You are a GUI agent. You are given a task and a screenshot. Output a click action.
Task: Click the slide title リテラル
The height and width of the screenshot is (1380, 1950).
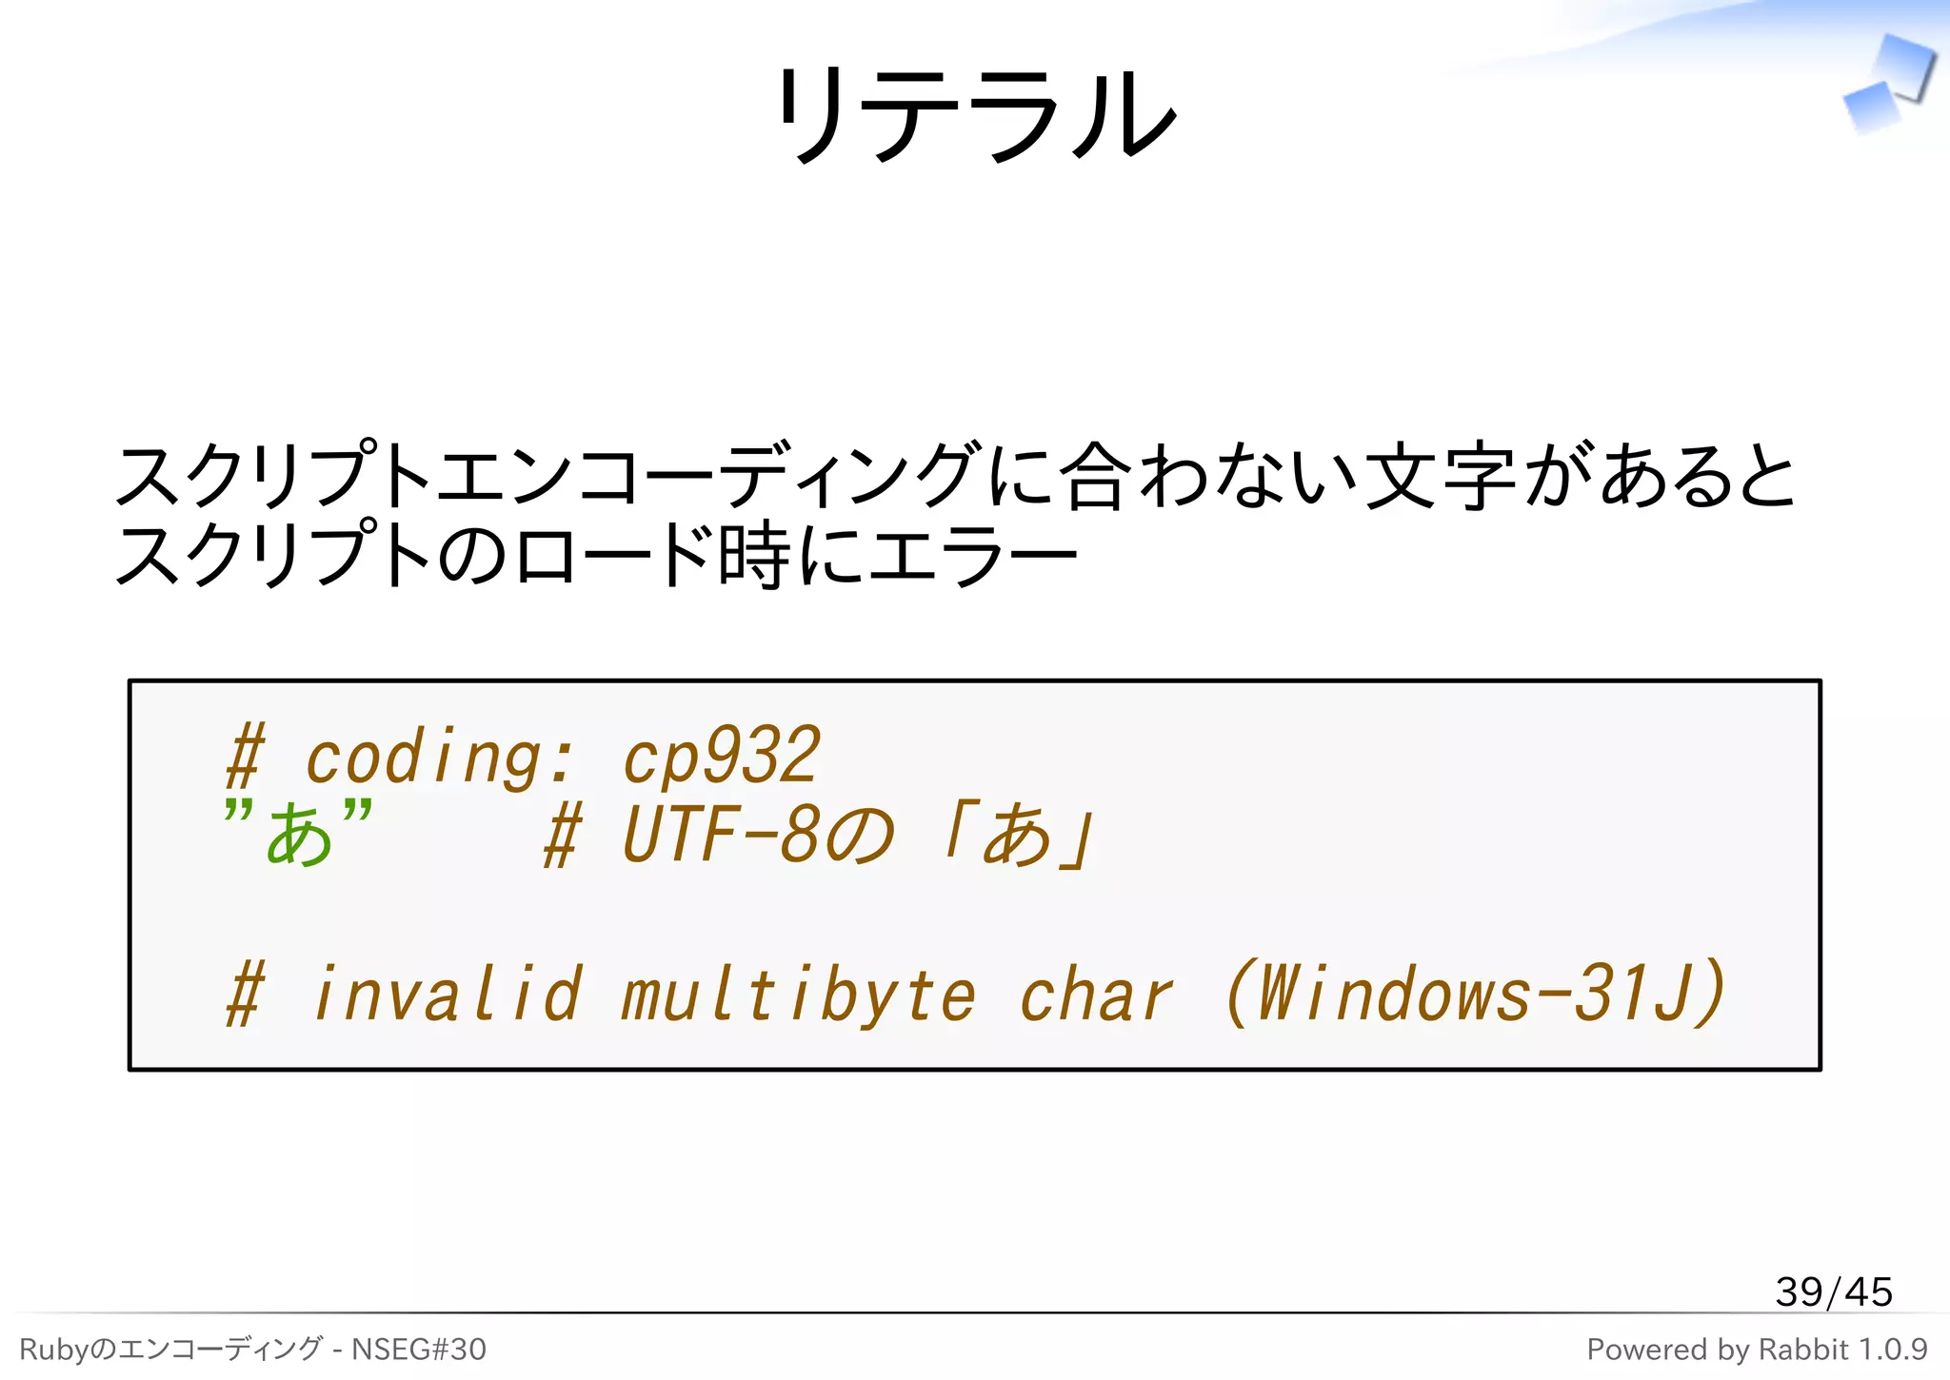[975, 114]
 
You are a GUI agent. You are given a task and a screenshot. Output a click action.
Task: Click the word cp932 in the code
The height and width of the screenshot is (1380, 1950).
[721, 756]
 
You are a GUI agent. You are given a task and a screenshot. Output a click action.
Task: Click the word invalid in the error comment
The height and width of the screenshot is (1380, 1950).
[446, 994]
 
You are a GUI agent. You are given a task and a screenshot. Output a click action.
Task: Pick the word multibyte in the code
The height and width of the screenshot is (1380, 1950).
[798, 996]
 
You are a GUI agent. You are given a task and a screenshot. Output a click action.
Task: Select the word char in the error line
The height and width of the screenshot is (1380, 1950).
[1095, 996]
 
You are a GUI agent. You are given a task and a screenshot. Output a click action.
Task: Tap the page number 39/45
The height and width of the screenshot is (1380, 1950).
[1833, 1291]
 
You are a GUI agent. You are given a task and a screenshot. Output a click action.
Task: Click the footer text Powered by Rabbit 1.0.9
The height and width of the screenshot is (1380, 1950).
[1757, 1350]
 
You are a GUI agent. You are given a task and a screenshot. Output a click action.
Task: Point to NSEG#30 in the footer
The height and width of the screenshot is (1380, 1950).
[419, 1350]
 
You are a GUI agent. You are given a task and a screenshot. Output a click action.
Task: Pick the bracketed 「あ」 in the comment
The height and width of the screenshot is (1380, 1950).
[1017, 834]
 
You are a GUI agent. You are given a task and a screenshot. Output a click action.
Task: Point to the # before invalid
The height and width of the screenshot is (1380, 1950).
[245, 994]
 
